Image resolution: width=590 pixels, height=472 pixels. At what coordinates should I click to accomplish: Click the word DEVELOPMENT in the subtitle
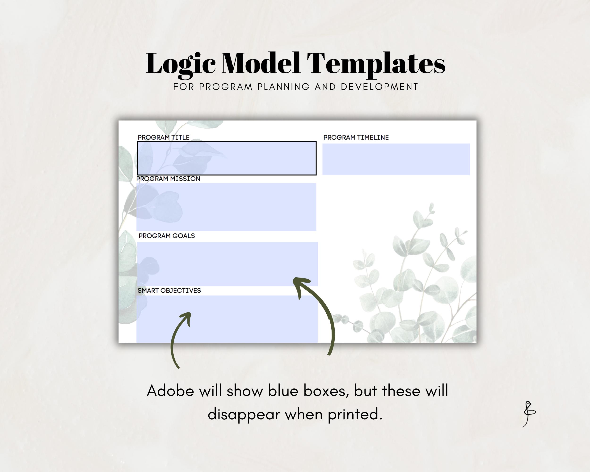point(379,87)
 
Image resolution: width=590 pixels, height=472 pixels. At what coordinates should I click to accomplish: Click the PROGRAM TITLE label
point(163,137)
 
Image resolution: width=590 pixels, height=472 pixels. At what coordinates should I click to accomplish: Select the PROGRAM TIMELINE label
point(356,137)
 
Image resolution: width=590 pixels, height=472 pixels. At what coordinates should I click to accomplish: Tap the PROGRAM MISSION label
point(168,179)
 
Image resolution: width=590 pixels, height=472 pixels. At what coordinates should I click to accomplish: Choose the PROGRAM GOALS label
point(167,236)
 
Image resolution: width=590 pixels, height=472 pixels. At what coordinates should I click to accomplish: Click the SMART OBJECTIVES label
point(169,291)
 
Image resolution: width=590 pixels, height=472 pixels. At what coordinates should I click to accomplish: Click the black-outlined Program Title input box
point(227,158)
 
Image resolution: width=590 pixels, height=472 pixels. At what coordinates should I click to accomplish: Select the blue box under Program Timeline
point(396,159)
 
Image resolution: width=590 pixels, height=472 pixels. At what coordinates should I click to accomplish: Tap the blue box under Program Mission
point(226,207)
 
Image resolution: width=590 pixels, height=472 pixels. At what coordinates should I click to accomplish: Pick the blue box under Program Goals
point(227,264)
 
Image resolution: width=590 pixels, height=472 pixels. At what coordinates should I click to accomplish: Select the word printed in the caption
point(355,414)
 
